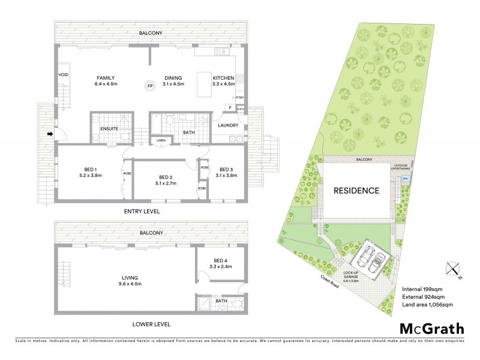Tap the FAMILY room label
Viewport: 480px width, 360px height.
(x=106, y=77)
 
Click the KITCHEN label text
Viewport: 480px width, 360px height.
(x=224, y=77)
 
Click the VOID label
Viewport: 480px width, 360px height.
(x=63, y=74)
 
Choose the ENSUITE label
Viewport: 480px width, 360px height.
(x=109, y=129)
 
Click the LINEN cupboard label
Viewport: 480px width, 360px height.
(x=161, y=140)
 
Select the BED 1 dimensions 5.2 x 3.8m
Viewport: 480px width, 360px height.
(x=91, y=175)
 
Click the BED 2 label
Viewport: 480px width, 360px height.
(x=166, y=177)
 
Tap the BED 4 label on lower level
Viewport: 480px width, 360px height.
(x=217, y=259)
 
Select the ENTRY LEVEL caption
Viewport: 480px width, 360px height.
(x=143, y=211)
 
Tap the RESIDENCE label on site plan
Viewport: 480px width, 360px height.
(x=356, y=191)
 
